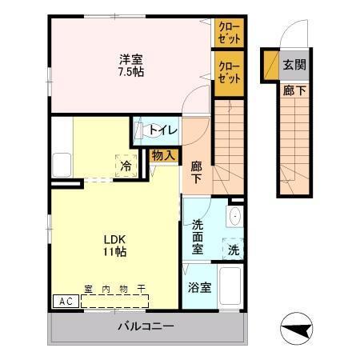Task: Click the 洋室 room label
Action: point(130,58)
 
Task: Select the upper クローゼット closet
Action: point(229,32)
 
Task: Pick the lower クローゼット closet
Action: point(229,73)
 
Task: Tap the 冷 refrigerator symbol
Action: point(126,166)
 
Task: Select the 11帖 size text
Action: point(114,252)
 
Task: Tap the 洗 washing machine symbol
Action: point(232,249)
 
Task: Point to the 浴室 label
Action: point(199,287)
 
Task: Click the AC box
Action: point(66,302)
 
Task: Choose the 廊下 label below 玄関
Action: point(294,90)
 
